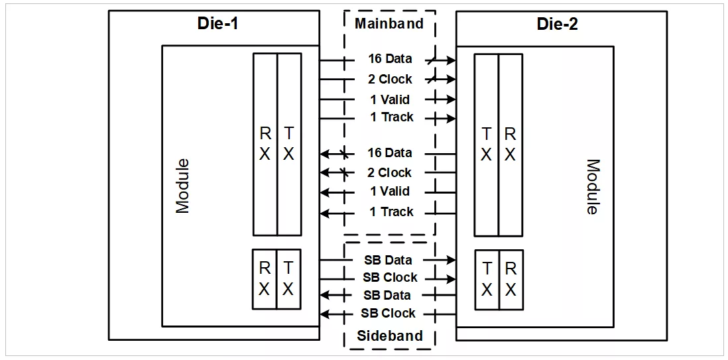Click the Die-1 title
[217, 23]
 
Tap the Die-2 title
[557, 24]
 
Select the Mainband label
[390, 24]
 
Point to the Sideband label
[390, 335]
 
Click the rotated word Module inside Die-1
[183, 186]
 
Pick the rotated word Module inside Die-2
[593, 187]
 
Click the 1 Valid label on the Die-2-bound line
[390, 99]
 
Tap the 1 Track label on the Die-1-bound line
[391, 211]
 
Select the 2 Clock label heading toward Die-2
[390, 80]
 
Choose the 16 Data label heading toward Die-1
[390, 152]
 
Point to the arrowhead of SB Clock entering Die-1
[326, 314]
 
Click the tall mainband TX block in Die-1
[289, 145]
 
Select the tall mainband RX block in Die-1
[265, 145]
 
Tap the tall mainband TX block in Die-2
[486, 145]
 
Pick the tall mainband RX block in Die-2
[511, 145]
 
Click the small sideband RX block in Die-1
[265, 279]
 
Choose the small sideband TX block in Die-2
[487, 280]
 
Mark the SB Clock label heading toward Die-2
[390, 278]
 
